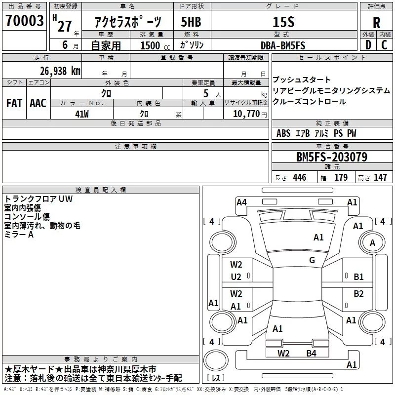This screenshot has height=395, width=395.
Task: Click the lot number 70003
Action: pos(24,20)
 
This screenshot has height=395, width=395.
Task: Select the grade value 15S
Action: pos(283,22)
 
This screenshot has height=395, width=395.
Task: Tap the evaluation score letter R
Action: pos(376,23)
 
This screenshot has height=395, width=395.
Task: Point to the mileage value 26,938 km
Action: pos(60,71)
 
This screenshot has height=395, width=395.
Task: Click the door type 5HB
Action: pos(191,22)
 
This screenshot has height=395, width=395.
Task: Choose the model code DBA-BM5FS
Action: pos(283,45)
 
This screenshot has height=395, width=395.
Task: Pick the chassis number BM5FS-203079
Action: pos(332,157)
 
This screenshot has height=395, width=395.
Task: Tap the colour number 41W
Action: pos(82,114)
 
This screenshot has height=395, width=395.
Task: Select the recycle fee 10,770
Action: pos(246,114)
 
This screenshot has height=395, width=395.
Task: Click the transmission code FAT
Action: pos(14,103)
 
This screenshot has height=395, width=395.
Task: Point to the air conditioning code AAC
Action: pos(38,103)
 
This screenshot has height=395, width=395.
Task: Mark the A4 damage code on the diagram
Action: pos(241,202)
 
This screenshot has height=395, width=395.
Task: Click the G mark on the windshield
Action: pos(312,260)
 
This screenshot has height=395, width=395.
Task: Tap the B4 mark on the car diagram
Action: pos(312,354)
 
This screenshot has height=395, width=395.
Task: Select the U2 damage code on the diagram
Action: pos(236,277)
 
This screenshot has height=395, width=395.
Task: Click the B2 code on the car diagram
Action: pos(358,294)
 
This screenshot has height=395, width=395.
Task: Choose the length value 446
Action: pos(300,177)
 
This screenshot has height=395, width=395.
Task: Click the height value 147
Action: pos(380,177)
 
